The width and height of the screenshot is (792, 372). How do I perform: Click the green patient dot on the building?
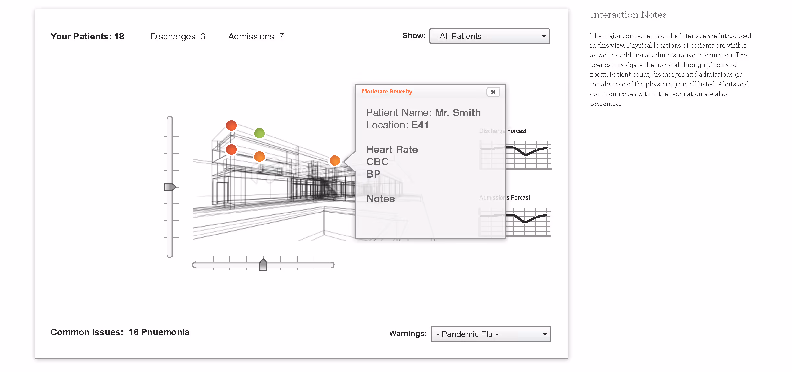pyautogui.click(x=259, y=133)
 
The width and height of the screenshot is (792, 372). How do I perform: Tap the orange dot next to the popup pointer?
pyautogui.click(x=335, y=160)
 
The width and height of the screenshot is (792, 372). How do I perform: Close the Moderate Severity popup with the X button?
pyautogui.click(x=493, y=92)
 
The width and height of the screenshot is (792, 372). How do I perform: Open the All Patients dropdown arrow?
pyautogui.click(x=544, y=36)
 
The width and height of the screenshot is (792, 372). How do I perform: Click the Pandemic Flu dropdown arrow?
pyautogui.click(x=545, y=334)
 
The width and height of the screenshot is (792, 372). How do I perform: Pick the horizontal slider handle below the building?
pyautogui.click(x=263, y=265)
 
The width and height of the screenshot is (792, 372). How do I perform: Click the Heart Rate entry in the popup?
pyautogui.click(x=392, y=149)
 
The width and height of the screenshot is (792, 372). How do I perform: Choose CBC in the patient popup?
pyautogui.click(x=377, y=162)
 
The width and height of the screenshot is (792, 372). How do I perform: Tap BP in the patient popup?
pyautogui.click(x=373, y=174)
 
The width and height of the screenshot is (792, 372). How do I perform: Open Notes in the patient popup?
pyautogui.click(x=381, y=199)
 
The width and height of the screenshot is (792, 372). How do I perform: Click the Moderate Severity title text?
pyautogui.click(x=387, y=92)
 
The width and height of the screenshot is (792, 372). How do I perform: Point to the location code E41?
pyautogui.click(x=420, y=125)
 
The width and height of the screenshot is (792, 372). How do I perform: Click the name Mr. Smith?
pyautogui.click(x=458, y=113)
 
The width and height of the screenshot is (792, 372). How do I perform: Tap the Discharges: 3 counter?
pyautogui.click(x=178, y=37)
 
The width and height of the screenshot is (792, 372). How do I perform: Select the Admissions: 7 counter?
pyautogui.click(x=256, y=37)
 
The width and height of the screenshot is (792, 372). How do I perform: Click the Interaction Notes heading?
pyautogui.click(x=628, y=15)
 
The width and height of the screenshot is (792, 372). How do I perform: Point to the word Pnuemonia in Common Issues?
pyautogui.click(x=165, y=332)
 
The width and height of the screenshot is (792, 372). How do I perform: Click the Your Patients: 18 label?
pyautogui.click(x=87, y=37)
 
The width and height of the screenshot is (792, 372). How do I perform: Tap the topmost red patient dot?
pyautogui.click(x=231, y=125)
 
